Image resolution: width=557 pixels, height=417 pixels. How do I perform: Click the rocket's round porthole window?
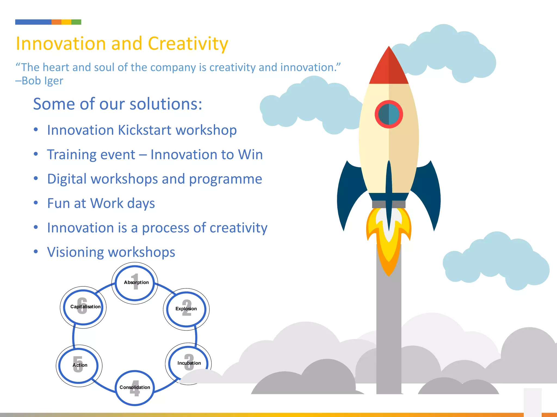[x=389, y=114]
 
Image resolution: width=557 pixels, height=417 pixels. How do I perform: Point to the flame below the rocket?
[x=389, y=244]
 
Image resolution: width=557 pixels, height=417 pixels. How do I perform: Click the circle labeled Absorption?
[x=135, y=283]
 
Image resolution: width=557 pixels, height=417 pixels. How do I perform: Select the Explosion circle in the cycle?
[x=186, y=309]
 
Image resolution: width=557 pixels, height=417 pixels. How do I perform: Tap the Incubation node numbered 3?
[x=188, y=363]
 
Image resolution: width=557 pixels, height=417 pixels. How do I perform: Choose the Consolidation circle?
[x=135, y=388]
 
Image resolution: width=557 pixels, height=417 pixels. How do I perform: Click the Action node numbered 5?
[x=79, y=365]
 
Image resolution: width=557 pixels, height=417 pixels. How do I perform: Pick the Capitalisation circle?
[x=83, y=307]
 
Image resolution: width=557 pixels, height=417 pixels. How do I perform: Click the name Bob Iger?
[x=42, y=81]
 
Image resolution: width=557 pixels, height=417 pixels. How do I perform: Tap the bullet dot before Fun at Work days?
[x=36, y=203]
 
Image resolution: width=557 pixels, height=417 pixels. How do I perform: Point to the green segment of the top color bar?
[x=76, y=22]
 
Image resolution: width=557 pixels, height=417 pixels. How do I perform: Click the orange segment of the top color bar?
[x=56, y=22]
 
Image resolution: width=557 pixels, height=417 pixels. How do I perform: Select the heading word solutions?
[x=166, y=104]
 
